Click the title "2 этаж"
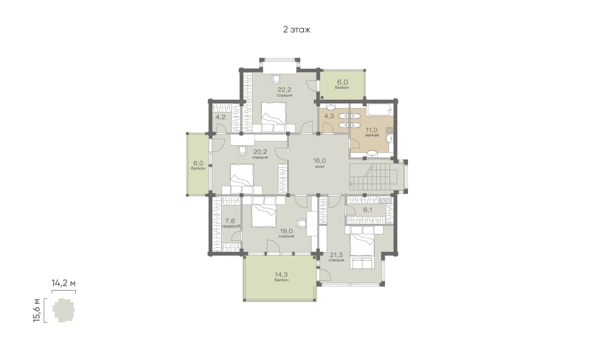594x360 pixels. click(297, 30)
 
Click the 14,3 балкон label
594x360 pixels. click(281, 276)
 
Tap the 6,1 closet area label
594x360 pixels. click(367, 210)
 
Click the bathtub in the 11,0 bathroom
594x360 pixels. click(379, 110)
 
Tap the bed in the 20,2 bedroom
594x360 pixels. click(242, 179)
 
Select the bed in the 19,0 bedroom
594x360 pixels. click(264, 211)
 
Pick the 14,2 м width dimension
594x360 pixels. click(64, 283)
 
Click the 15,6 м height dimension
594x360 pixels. click(37, 310)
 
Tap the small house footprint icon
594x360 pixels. click(64, 310)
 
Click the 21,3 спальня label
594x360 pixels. click(336, 257)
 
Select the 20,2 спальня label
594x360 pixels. click(260, 154)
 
